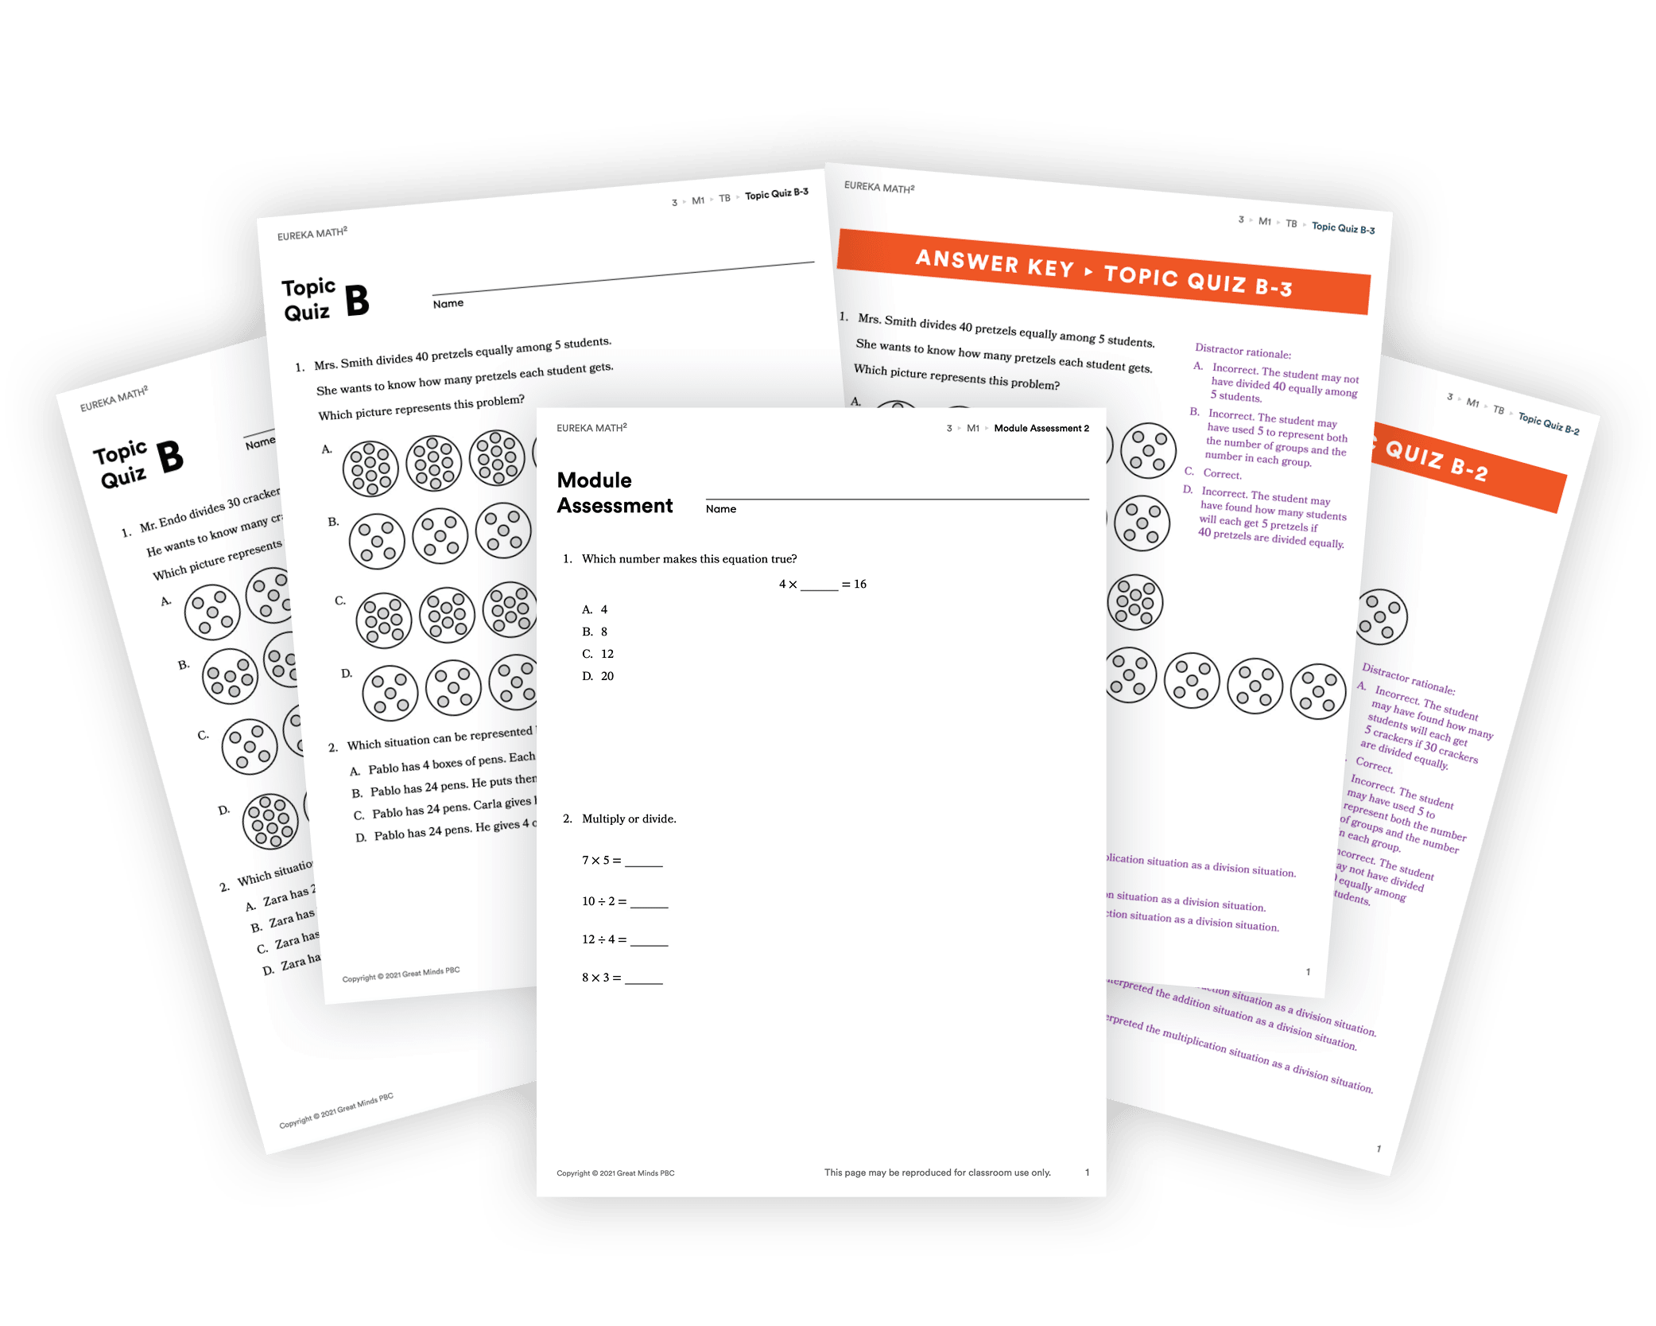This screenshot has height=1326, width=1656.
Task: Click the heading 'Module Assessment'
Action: click(615, 493)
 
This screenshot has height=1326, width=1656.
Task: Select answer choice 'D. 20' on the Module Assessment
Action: click(598, 676)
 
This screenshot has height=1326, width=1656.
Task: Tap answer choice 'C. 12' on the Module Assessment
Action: click(598, 654)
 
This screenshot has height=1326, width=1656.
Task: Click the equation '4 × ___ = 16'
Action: click(822, 585)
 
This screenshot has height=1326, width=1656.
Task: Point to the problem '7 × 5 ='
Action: click(622, 861)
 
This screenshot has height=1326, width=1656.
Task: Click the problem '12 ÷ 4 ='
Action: click(624, 939)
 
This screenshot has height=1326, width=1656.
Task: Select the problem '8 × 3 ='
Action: click(622, 978)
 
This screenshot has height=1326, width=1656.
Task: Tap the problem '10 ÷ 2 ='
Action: click(624, 901)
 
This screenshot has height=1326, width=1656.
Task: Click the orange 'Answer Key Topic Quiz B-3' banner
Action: click(1103, 273)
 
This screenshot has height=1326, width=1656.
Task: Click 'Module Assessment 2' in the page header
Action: click(1041, 429)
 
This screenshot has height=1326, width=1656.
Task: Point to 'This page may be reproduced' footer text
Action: click(937, 1172)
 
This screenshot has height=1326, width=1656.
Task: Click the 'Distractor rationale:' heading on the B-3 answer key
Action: click(1243, 352)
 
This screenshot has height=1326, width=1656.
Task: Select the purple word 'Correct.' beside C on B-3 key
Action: click(1222, 474)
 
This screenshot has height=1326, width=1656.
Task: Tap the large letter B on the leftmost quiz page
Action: click(170, 457)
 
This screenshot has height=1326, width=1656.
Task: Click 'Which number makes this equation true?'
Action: click(689, 559)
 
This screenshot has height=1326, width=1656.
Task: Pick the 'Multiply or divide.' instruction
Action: click(629, 819)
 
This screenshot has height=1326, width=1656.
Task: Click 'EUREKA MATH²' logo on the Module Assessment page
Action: click(591, 428)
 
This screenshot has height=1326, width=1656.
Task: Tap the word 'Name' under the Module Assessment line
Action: click(721, 509)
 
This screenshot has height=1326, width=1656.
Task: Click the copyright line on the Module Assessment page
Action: click(615, 1173)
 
